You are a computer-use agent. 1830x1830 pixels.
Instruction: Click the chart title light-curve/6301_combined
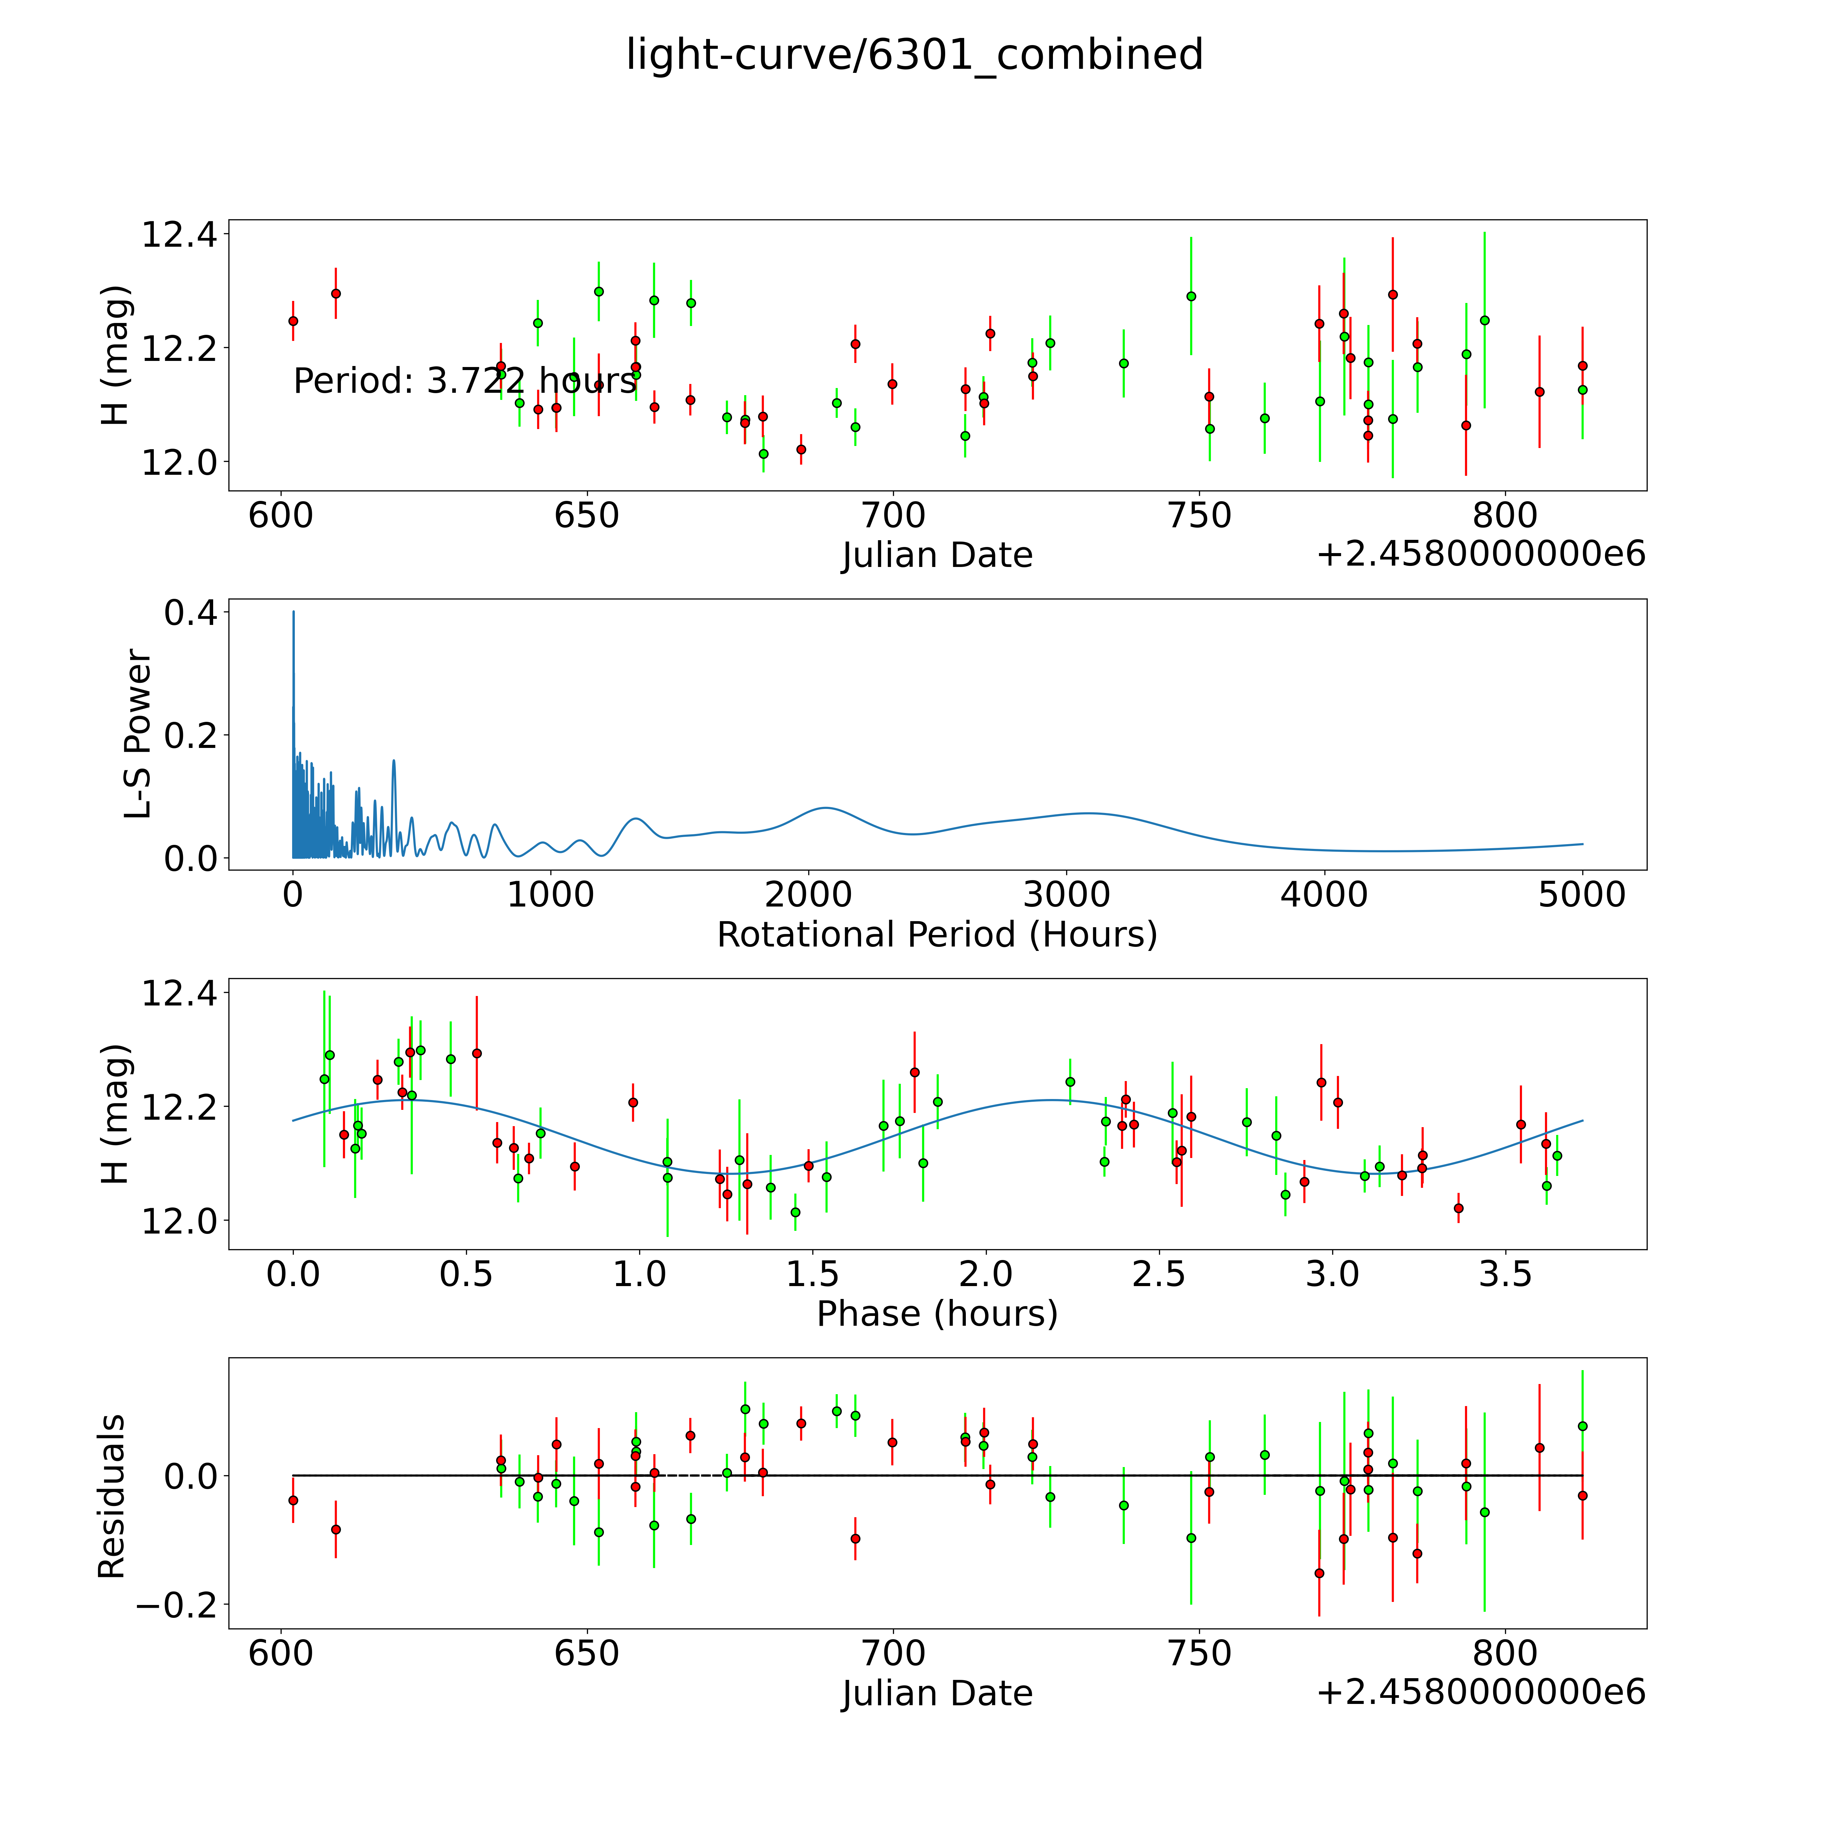914,55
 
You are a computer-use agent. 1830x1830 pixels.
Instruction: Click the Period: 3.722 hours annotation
464,381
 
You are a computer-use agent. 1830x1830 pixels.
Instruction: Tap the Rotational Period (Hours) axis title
937,935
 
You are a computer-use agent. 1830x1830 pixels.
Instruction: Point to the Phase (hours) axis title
937,1314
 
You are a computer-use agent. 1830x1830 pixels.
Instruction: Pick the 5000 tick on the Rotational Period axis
1582,894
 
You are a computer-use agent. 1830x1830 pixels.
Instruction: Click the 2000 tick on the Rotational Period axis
808,894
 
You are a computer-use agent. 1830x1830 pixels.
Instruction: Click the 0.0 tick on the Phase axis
293,1274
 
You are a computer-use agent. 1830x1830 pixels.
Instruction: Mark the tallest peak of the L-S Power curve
293,612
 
